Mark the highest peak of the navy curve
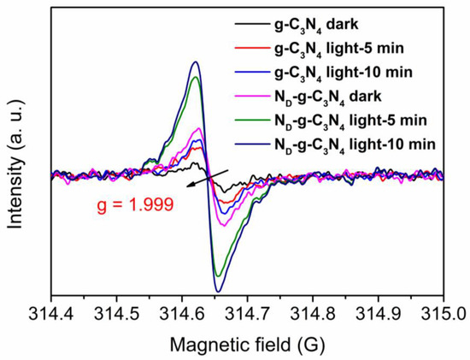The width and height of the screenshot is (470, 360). pyautogui.click(x=196, y=62)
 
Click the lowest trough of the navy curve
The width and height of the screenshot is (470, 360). pyautogui.click(x=218, y=291)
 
